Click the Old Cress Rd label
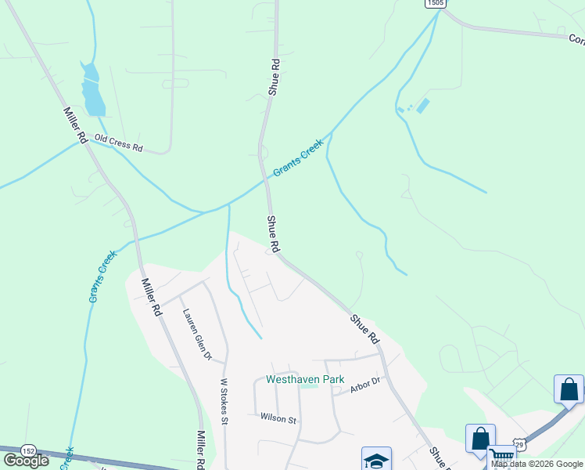tap(118, 143)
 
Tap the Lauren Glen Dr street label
tap(198, 334)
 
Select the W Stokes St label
tap(223, 401)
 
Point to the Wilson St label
tap(279, 419)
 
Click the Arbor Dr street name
tap(364, 381)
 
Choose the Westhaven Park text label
tap(305, 379)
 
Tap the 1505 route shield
tap(436, 3)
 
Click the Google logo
tap(26, 461)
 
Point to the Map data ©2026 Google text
tap(537, 464)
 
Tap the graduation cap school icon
tap(376, 460)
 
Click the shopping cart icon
tap(501, 457)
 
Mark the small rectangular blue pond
tap(423, 105)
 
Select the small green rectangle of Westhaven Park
tap(310, 385)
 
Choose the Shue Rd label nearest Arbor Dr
tap(364, 329)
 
